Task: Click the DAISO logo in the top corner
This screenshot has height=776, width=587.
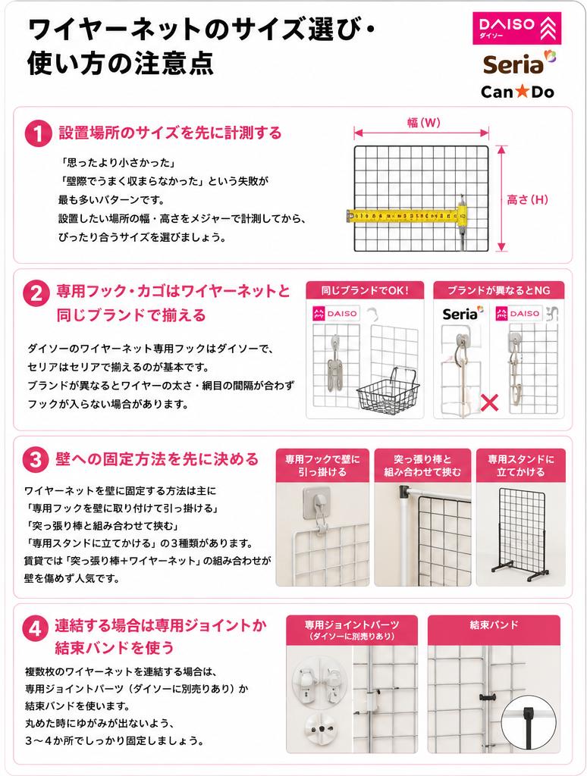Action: tap(517, 28)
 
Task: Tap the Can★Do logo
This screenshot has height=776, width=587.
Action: tap(517, 92)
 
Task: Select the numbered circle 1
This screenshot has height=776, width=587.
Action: tap(38, 133)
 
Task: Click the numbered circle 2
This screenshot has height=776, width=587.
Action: tap(36, 293)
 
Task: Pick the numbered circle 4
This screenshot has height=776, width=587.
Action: tap(35, 628)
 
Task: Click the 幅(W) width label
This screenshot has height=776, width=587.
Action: tap(423, 122)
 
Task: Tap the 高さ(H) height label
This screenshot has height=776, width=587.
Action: tap(528, 199)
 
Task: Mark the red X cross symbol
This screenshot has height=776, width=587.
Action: tap(490, 403)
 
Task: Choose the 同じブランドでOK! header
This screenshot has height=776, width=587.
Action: tap(365, 290)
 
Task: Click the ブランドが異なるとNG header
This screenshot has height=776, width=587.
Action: tap(499, 290)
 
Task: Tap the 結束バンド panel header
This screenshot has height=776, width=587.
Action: tap(494, 625)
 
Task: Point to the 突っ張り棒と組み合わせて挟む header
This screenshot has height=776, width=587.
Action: tap(422, 466)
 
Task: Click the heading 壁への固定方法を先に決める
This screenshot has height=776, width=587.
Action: tap(156, 459)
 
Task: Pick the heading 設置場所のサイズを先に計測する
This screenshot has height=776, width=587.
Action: tap(170, 133)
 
